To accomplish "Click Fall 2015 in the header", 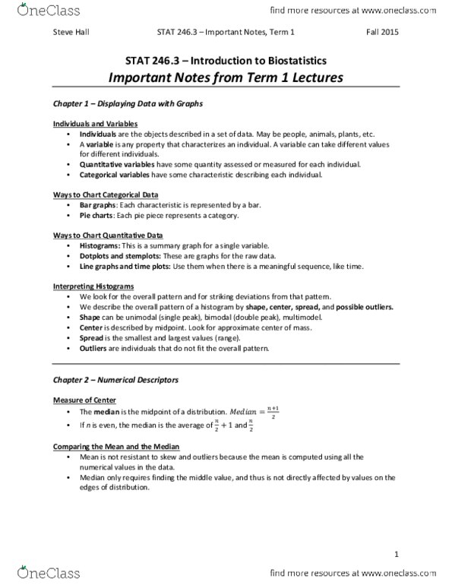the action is [382, 32].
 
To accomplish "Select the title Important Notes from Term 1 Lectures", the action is [225, 77].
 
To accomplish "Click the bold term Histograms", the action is [99, 246].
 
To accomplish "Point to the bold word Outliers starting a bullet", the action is [94, 347].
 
